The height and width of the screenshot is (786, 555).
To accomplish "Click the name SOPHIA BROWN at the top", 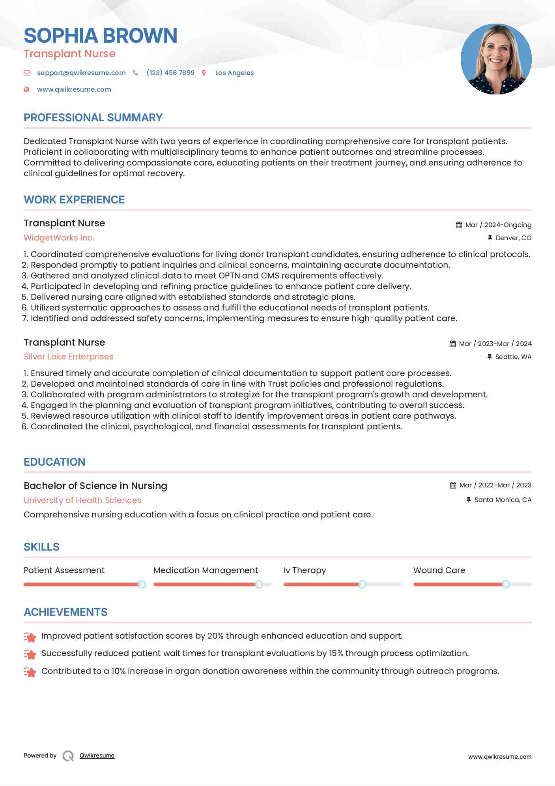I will [x=100, y=36].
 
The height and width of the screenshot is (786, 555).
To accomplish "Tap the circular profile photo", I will [x=496, y=59].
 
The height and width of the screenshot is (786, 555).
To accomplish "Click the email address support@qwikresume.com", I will [x=81, y=73].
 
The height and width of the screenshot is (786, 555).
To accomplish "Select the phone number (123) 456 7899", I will [x=170, y=73].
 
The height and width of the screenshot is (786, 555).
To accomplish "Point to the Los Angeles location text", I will [x=234, y=73].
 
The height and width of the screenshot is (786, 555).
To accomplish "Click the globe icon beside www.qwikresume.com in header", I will [x=26, y=89].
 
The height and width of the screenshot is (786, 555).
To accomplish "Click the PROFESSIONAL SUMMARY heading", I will [x=93, y=118].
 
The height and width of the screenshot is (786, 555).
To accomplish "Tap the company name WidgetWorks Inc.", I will [x=59, y=238].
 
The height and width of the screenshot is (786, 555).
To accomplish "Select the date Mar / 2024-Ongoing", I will [x=498, y=225].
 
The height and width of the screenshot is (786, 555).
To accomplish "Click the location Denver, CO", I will [x=513, y=238].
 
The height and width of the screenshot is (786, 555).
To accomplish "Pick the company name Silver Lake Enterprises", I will [x=68, y=357].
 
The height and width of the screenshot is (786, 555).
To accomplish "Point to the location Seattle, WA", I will [x=513, y=357].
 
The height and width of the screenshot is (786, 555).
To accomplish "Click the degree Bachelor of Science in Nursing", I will [x=95, y=486].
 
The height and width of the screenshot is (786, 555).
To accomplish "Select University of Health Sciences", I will [x=82, y=500].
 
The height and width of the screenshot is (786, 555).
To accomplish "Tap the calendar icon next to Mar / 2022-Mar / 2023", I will [x=453, y=485].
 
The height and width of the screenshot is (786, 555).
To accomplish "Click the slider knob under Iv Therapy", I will [x=362, y=584].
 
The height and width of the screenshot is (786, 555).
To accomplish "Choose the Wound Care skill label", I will [x=439, y=570].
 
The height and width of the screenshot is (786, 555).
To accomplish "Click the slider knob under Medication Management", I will [x=259, y=584].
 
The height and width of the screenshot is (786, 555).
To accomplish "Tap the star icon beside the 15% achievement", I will [x=30, y=654].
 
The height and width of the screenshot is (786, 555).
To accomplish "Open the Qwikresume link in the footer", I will [x=97, y=756].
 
